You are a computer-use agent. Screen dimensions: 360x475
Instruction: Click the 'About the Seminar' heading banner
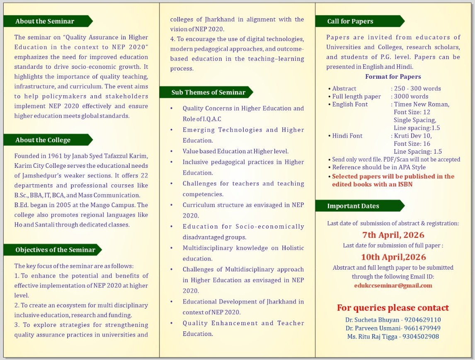pos(45,21)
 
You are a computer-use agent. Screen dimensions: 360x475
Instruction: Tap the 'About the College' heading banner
pos(43,140)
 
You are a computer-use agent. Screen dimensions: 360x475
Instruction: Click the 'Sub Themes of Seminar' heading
pos(208,92)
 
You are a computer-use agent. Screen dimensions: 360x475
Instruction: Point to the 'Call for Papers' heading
pos(350,21)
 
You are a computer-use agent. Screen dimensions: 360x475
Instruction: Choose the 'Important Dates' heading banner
pos(353,206)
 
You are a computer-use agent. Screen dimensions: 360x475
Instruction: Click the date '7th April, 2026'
pos(393,235)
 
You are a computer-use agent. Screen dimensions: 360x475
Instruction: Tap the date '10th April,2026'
pos(393,257)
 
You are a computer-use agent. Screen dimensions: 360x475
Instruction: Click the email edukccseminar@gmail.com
pos(393,285)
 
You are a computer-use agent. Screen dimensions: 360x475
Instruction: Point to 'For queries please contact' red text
pos(393,308)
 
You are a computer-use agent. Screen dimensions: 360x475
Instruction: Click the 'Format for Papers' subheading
pos(393,77)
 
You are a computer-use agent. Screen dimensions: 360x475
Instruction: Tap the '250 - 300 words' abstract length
pos(417,88)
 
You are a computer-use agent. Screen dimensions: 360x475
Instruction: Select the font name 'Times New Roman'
pos(422,104)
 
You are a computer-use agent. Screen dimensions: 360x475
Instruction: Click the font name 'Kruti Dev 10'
pos(413,136)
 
